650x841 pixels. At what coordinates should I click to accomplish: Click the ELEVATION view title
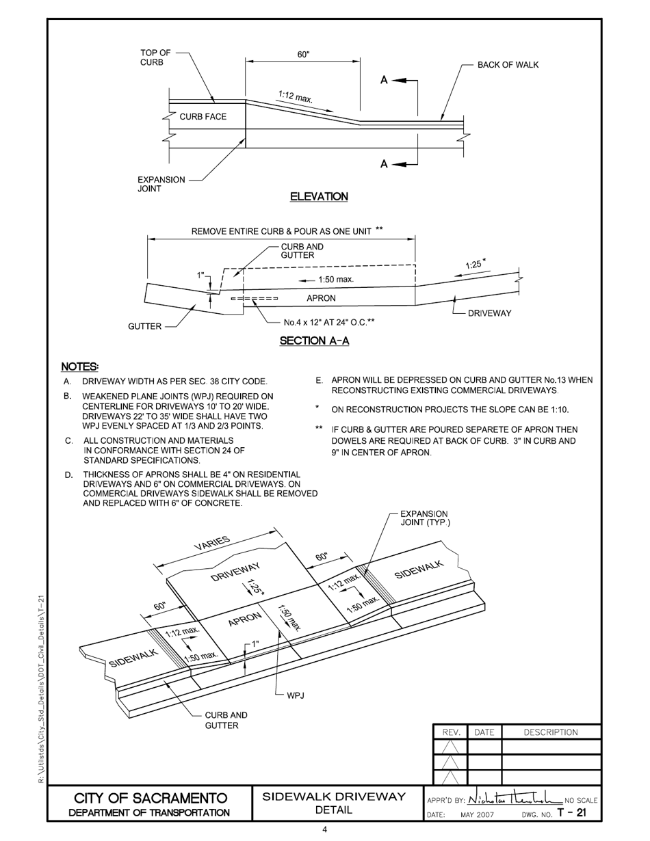point(319,197)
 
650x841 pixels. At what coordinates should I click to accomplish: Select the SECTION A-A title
point(314,341)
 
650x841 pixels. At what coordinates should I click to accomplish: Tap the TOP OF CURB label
point(155,57)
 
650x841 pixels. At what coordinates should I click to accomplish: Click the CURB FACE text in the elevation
point(203,117)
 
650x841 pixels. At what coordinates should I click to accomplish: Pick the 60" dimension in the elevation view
point(302,54)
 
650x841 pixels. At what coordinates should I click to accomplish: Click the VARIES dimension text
point(212,544)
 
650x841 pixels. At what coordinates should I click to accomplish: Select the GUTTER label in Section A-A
point(145,327)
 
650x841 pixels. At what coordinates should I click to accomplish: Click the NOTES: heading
point(80,367)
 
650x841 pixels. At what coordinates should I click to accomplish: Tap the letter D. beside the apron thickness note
point(68,475)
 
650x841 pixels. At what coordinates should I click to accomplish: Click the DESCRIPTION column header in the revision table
point(550,732)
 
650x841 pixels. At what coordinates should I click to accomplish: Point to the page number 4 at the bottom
point(324,830)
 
